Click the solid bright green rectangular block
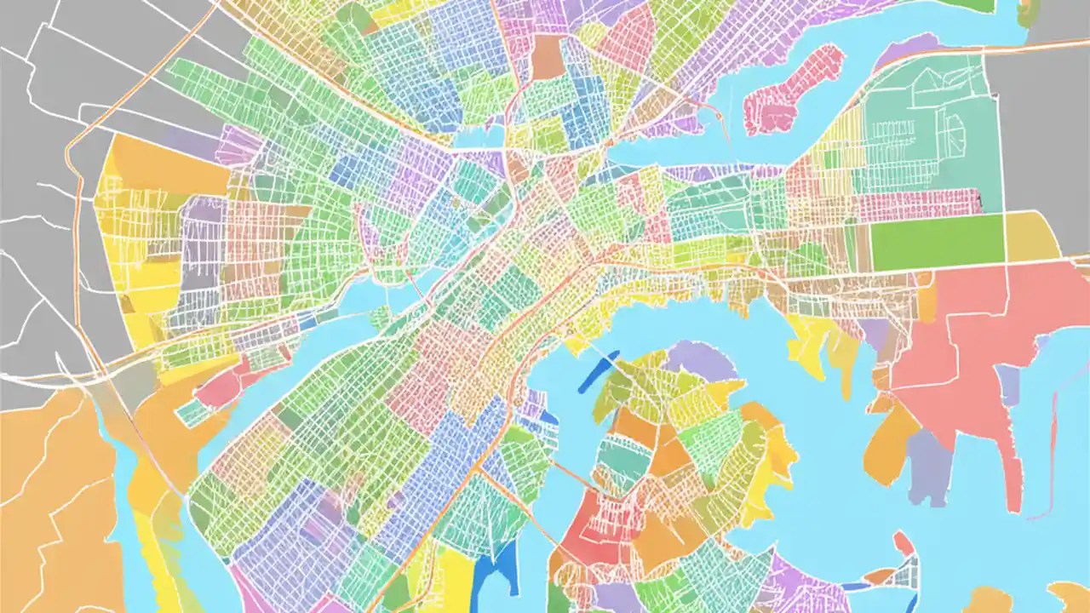tap(937, 240)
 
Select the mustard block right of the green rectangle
tap(1032, 237)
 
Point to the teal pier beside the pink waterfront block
tap(192, 413)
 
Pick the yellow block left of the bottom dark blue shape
tap(451, 579)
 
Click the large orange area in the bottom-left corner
tap(51, 502)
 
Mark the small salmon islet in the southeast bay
tap(903, 543)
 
